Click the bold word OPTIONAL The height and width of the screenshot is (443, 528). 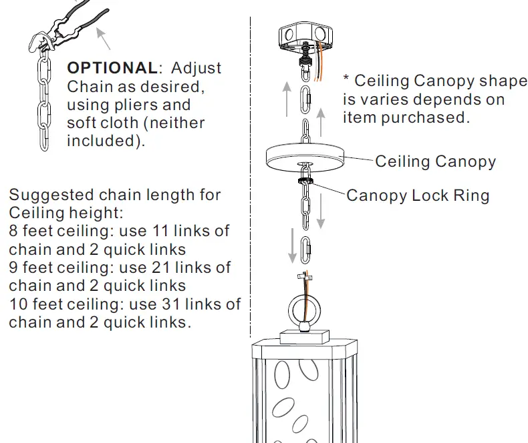tap(111, 68)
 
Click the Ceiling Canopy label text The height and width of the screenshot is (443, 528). tap(435, 161)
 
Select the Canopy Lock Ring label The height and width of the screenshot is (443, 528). tap(418, 195)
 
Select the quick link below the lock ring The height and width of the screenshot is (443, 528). tap(306, 250)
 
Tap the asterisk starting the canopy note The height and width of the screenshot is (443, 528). tap(346, 79)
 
